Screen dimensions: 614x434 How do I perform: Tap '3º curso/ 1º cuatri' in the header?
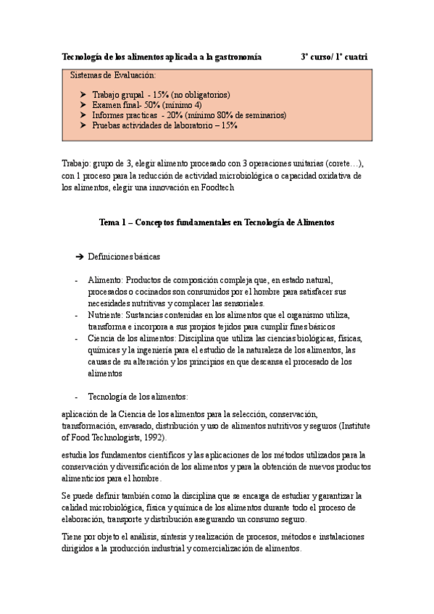[334, 56]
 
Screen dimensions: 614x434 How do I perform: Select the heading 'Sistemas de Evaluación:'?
[112, 75]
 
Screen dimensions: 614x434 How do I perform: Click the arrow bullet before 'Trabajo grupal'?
[84, 95]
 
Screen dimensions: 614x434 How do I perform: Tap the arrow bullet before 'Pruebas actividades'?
[84, 125]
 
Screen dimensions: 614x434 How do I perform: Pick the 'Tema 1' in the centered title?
[113, 223]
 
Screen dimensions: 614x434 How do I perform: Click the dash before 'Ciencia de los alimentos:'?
[78, 338]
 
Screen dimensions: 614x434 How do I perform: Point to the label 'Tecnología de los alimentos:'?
[138, 397]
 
